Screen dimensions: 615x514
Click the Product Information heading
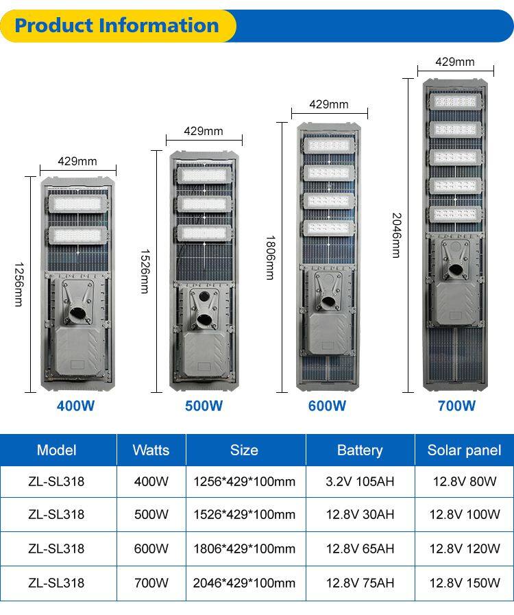point(117,26)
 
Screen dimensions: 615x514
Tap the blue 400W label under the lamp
point(75,405)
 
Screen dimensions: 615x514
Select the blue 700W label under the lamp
point(456,405)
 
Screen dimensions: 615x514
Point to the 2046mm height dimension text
point(396,235)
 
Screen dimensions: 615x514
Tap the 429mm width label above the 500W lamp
point(204,131)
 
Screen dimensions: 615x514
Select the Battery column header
point(360,450)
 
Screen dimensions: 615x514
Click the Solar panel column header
point(464,450)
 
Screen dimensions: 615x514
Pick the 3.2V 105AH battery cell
point(360,481)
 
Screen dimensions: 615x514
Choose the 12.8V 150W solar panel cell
point(465,583)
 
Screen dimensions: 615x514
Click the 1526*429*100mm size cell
point(244,514)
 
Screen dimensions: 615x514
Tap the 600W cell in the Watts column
point(151,548)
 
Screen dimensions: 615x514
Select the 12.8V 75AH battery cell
point(360,583)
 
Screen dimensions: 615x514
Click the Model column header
point(57,450)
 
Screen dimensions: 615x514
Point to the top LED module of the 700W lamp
point(454,101)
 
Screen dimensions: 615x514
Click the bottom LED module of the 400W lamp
point(76,234)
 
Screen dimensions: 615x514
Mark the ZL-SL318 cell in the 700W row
point(57,583)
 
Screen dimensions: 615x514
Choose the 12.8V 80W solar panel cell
point(465,481)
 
